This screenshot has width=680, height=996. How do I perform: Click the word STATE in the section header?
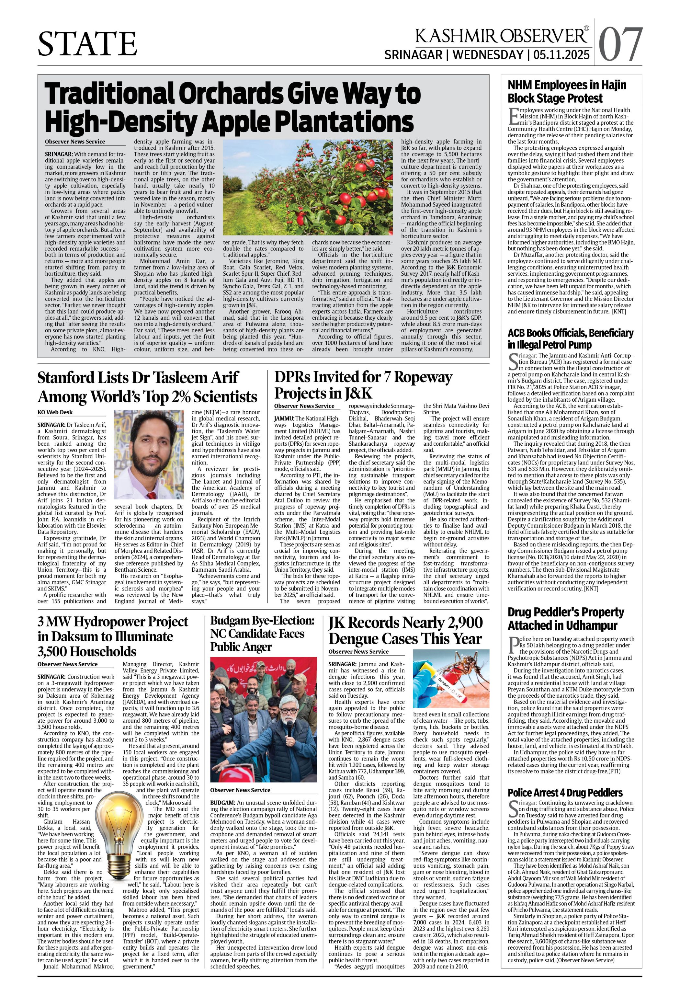pyautogui.click(x=87, y=44)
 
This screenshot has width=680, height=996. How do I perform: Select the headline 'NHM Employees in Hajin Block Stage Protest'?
pyautogui.click(x=566, y=91)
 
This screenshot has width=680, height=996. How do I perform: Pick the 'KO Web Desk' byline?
pyautogui.click(x=55, y=412)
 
